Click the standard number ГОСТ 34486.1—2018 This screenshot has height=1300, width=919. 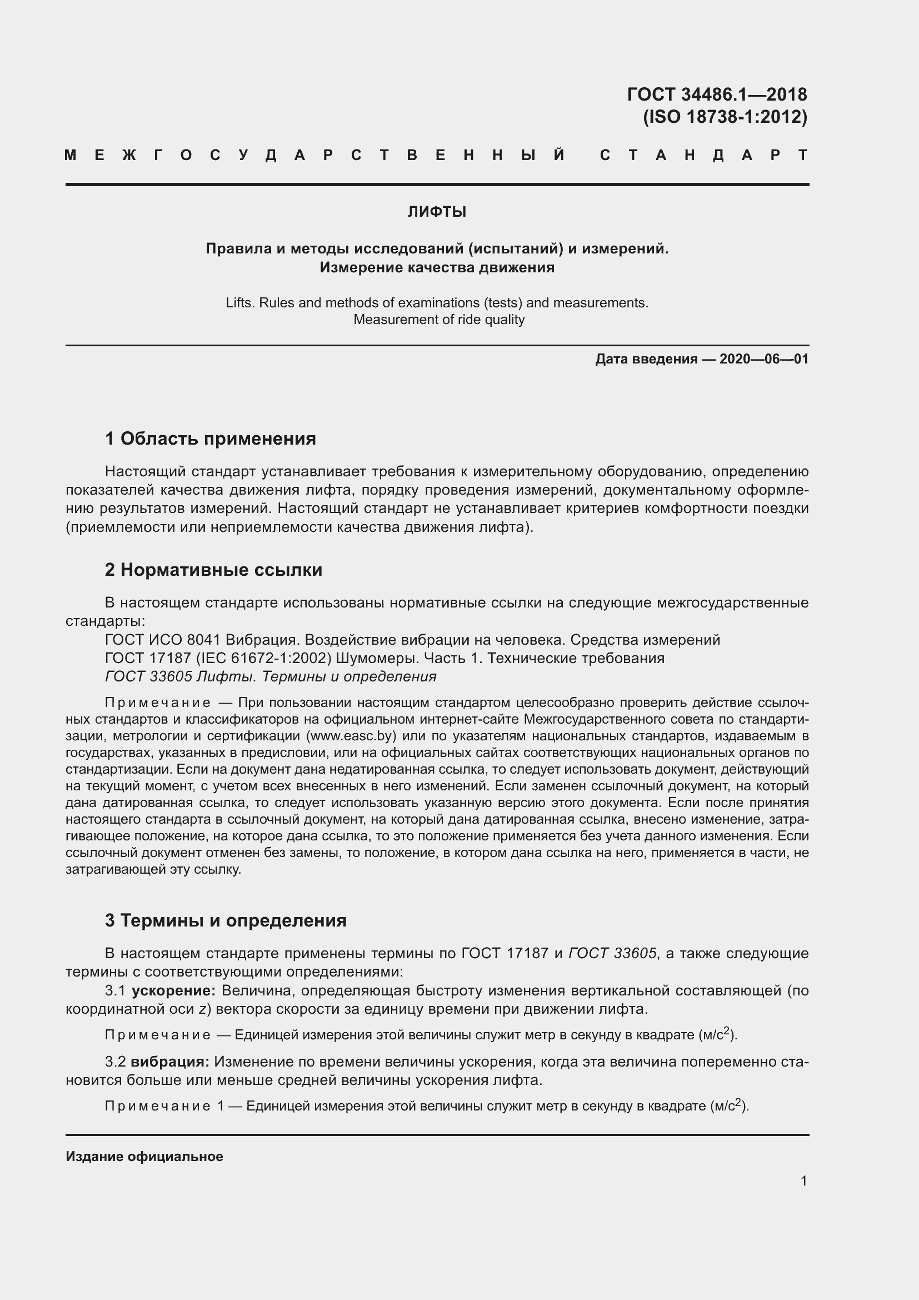(x=716, y=94)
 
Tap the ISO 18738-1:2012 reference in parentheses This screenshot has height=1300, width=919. (x=725, y=117)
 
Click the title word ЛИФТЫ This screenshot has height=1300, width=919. (x=437, y=212)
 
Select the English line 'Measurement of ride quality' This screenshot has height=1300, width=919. (x=439, y=320)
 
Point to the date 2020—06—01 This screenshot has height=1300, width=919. (x=763, y=359)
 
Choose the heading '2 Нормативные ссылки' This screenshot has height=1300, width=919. (x=213, y=570)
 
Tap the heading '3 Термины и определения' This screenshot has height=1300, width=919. (x=226, y=920)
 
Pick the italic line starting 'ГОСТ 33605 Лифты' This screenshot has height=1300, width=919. (x=271, y=676)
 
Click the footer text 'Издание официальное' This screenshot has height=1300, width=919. (x=144, y=1156)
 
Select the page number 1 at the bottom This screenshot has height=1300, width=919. (x=803, y=1181)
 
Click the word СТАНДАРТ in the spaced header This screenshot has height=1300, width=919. (x=704, y=155)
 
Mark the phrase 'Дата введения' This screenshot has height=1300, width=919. (x=646, y=359)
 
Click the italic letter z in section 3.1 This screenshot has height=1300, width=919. (x=202, y=1009)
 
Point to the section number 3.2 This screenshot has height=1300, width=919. (x=115, y=1062)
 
